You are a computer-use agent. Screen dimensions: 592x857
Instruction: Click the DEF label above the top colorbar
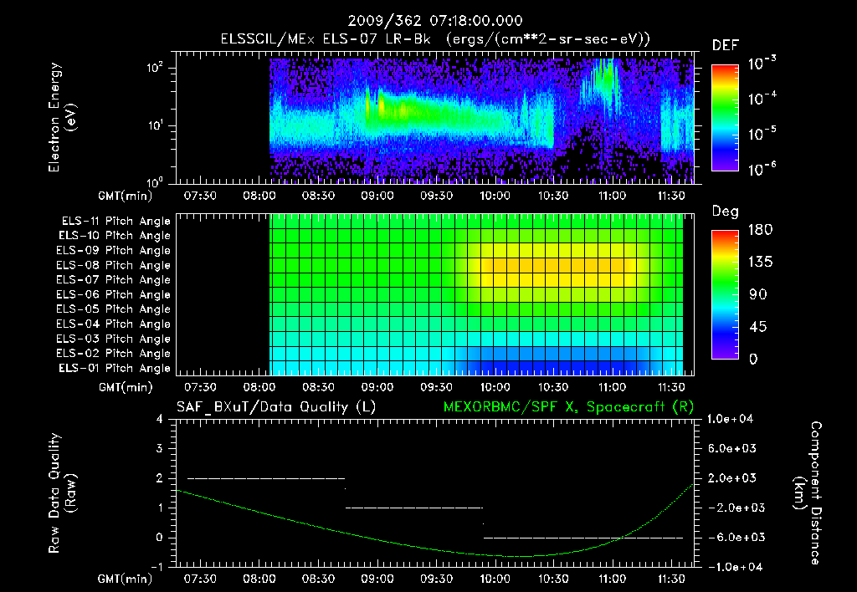pyautogui.click(x=724, y=45)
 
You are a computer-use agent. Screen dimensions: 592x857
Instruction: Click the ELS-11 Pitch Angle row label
pyautogui.click(x=114, y=221)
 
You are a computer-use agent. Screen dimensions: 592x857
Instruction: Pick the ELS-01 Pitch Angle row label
pyautogui.click(x=114, y=368)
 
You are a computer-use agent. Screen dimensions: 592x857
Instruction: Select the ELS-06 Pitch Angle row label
pyautogui.click(x=114, y=294)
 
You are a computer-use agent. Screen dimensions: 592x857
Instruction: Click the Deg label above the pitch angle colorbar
pyautogui.click(x=724, y=212)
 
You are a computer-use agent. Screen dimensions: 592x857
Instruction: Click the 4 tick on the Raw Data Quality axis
pyautogui.click(x=161, y=419)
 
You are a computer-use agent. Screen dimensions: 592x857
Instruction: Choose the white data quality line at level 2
pyautogui.click(x=265, y=478)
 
